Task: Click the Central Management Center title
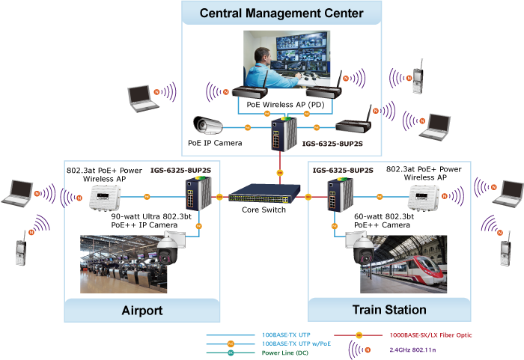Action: click(282, 13)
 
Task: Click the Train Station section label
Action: click(389, 309)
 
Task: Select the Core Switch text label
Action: click(265, 210)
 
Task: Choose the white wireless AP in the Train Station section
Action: click(424, 198)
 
